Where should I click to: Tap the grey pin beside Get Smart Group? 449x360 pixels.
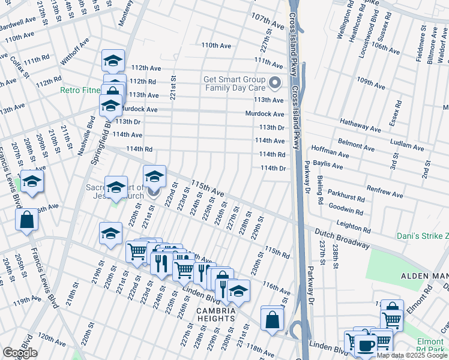point(276,83)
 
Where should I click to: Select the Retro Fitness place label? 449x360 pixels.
point(80,91)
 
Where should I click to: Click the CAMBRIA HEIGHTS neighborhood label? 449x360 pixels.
point(215,314)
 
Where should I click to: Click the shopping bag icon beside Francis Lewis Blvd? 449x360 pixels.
point(27,220)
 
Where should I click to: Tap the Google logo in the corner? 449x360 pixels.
point(20,353)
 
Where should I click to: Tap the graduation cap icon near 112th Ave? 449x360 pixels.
point(112,61)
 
